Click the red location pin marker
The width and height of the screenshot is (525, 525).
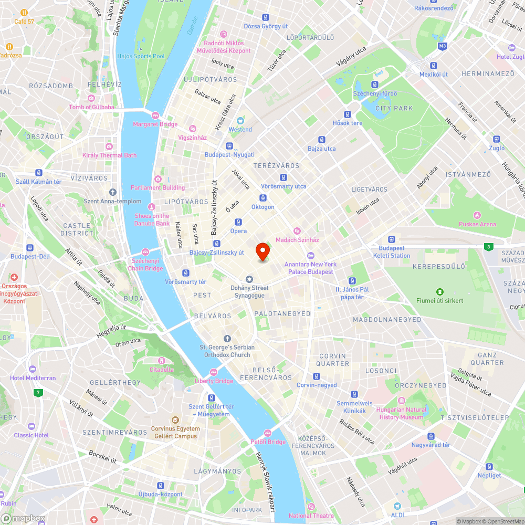point(262,252)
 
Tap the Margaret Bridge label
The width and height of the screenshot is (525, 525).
point(155,124)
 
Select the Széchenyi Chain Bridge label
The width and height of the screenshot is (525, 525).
point(146,265)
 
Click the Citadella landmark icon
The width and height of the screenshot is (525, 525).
point(161,361)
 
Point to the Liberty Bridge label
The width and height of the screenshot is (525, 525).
point(214,381)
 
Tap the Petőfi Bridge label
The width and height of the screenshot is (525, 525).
point(268,442)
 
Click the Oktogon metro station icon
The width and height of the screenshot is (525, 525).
point(262,198)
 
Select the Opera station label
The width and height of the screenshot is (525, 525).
point(238,231)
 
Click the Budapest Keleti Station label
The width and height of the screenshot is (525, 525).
point(392,252)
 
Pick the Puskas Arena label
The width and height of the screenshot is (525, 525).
point(477,224)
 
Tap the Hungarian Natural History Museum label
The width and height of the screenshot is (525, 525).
point(401,413)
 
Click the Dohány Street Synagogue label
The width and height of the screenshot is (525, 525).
point(250,291)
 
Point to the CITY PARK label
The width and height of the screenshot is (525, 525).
point(394,108)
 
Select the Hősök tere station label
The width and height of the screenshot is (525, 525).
point(348,123)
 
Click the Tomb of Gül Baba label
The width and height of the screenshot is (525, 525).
point(91,107)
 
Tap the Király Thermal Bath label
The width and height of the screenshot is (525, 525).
point(109,155)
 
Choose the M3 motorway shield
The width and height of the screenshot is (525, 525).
point(443,46)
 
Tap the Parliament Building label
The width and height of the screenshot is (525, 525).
point(157,187)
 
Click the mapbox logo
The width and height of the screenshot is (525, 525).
point(23,518)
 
